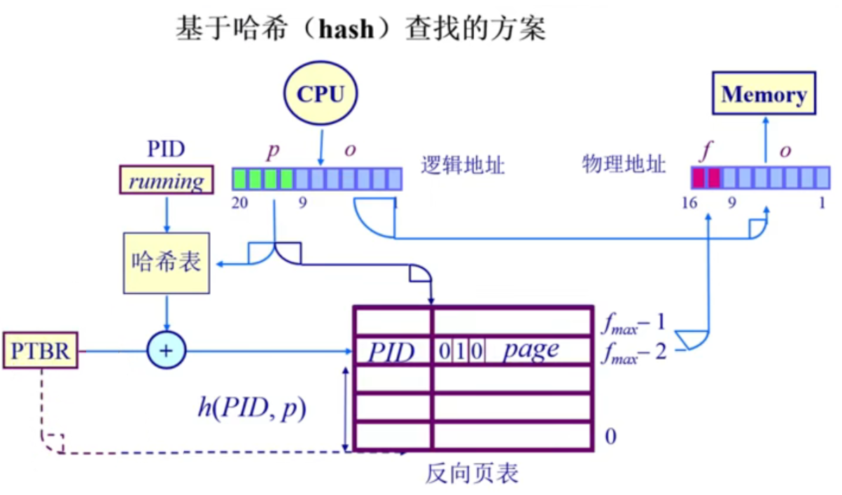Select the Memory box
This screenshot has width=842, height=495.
764,94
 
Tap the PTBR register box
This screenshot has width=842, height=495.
41,351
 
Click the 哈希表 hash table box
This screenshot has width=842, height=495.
166,262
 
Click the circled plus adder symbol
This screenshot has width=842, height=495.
166,350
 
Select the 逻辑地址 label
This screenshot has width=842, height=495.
463,165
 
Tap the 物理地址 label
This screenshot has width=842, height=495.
624,165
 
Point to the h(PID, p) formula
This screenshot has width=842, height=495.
251,408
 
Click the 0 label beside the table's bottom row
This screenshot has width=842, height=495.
610,437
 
